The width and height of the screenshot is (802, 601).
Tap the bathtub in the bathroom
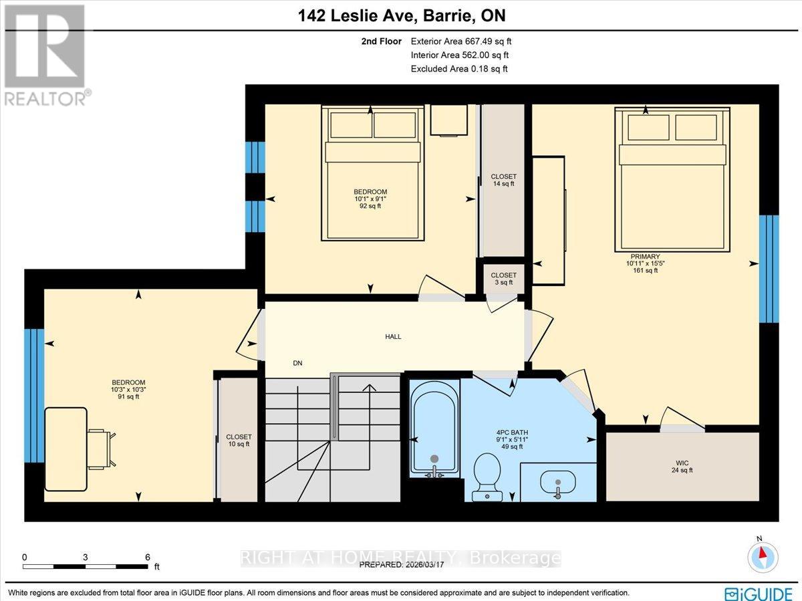coord(435,428)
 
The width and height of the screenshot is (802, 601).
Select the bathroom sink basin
coord(557,480)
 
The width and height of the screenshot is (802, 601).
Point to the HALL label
coord(393,336)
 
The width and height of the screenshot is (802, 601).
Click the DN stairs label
coord(297,363)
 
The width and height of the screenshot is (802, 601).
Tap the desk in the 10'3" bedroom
coord(65,438)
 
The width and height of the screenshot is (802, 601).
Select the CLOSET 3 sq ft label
coord(503,279)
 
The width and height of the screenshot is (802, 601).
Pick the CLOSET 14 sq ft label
coord(503,180)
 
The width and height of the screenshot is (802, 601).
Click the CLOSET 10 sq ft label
coord(239,440)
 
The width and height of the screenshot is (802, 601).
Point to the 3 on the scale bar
coord(86,557)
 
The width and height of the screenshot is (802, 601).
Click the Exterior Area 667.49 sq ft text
coord(461,41)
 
